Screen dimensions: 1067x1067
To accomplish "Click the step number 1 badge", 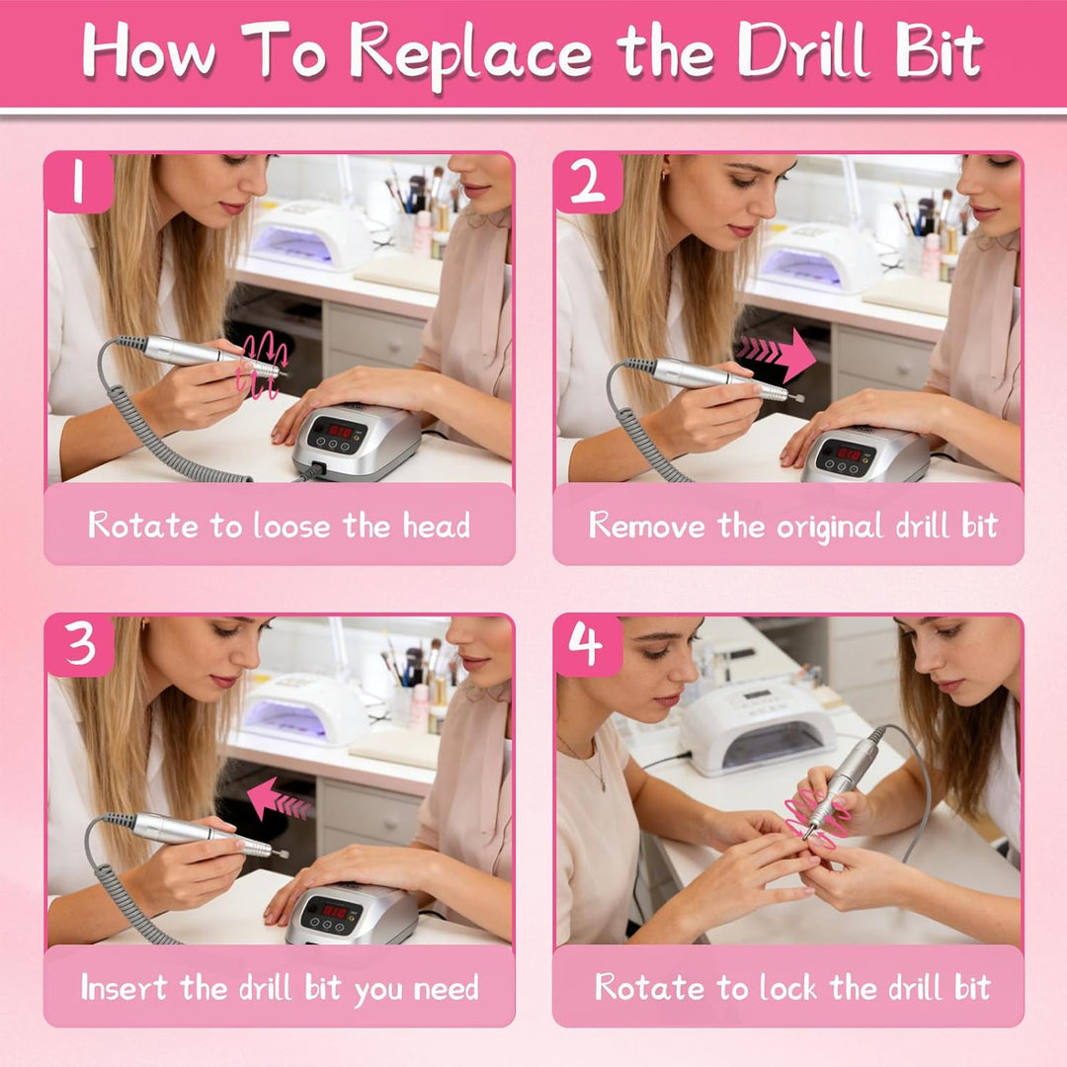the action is click(78, 182).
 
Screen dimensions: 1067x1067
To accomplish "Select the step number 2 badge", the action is click(588, 182).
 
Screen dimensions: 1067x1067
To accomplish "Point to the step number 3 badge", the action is click(80, 644).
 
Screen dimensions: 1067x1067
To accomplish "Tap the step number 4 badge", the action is click(588, 644).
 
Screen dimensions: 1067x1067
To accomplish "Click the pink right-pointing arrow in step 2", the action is click(777, 353).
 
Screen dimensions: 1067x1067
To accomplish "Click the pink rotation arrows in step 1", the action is click(262, 365).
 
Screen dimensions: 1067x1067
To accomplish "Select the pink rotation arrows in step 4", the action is click(817, 819).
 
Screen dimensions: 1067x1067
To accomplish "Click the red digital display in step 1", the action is click(340, 432).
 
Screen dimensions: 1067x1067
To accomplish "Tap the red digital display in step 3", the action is click(334, 911).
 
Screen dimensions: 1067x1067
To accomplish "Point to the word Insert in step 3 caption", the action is click(123, 987).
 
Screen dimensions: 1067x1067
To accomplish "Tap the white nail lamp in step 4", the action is click(758, 728).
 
